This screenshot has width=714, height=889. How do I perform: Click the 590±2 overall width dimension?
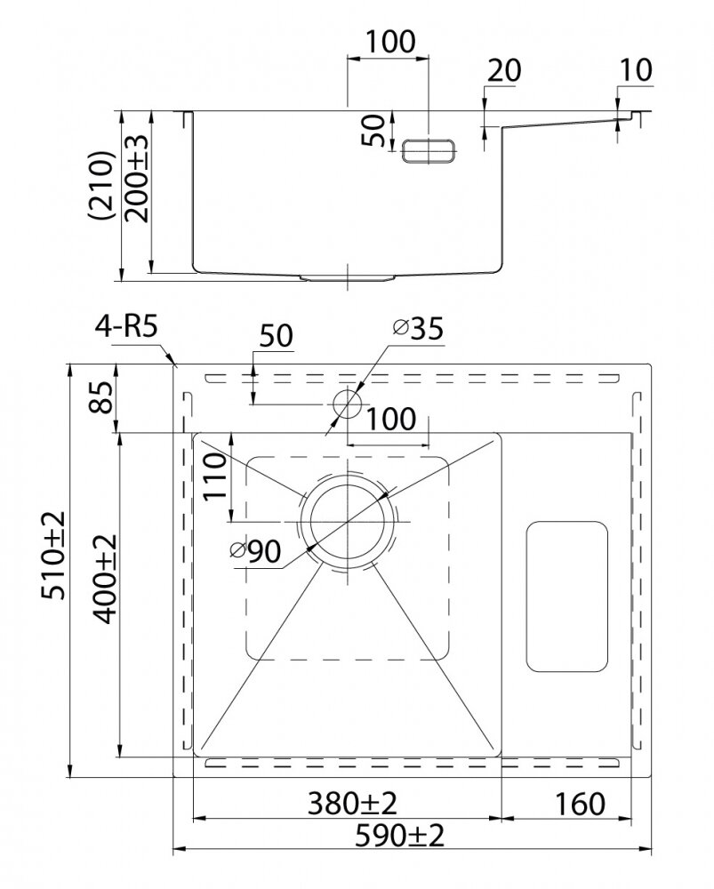(x=399, y=836)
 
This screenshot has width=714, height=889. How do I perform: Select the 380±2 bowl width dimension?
(x=352, y=804)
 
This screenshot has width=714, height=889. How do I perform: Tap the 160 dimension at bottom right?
(x=580, y=804)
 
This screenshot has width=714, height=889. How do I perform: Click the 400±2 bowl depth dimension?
(x=104, y=579)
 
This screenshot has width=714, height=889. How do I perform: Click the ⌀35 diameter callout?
(x=419, y=328)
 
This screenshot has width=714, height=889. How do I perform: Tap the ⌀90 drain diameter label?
(x=256, y=551)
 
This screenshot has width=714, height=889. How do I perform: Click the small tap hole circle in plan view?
(x=347, y=404)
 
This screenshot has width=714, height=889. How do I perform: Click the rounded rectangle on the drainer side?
(x=567, y=597)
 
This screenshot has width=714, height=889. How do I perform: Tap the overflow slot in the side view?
(x=429, y=150)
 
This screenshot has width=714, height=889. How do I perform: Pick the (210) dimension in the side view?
(x=102, y=185)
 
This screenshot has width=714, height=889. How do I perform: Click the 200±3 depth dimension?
(x=136, y=179)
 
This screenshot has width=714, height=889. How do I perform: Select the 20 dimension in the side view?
(x=504, y=71)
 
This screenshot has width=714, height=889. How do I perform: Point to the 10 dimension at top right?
(x=636, y=69)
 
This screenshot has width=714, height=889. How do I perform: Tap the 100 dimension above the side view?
(x=389, y=42)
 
